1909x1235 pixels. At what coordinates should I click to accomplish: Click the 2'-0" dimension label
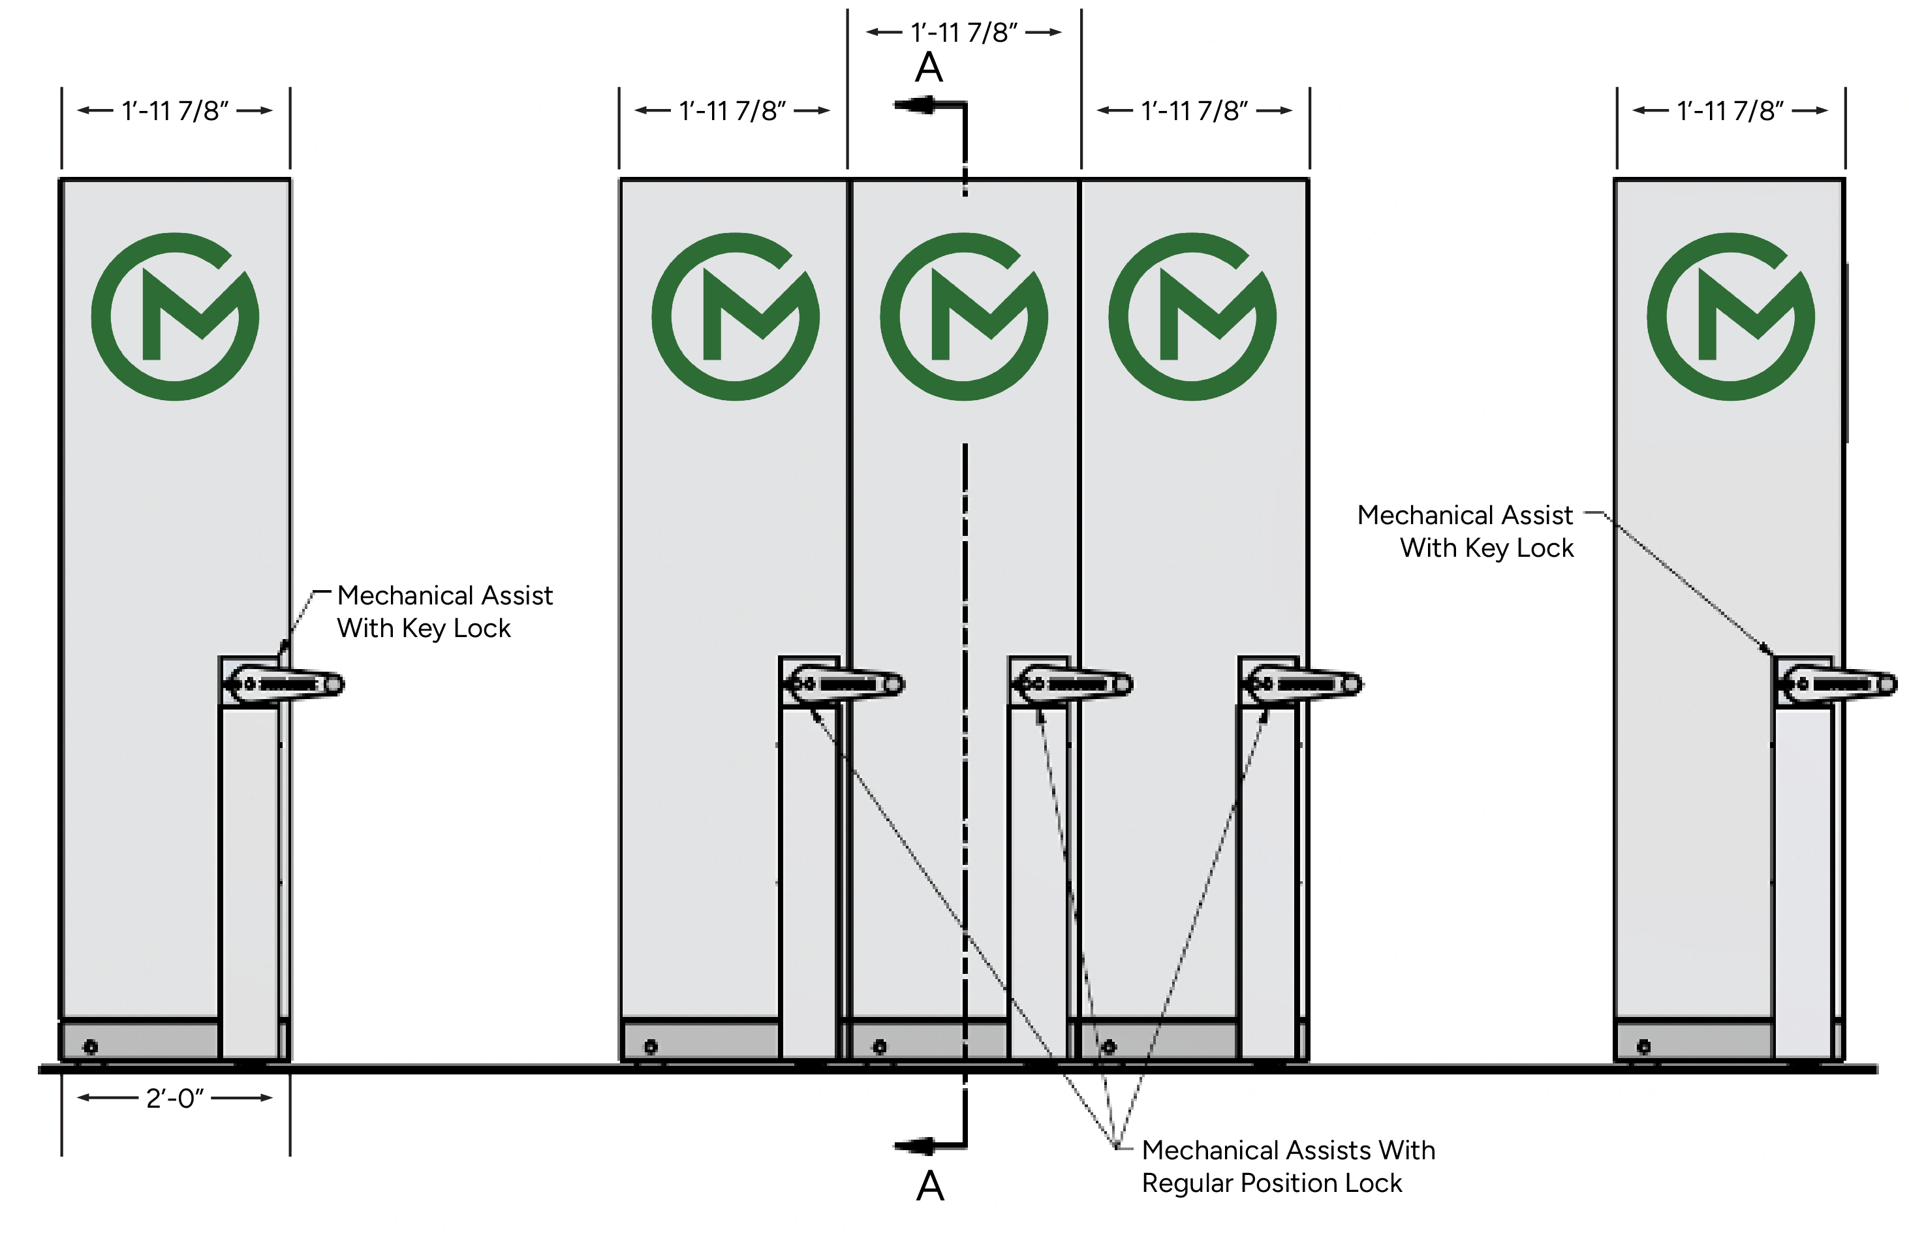coord(175,1098)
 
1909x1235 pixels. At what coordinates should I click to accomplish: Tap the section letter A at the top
coord(929,67)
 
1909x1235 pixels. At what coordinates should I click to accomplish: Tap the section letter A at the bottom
coord(930,1185)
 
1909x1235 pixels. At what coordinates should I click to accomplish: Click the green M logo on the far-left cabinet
coord(175,317)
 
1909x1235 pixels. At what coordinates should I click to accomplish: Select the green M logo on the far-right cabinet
coord(1730,317)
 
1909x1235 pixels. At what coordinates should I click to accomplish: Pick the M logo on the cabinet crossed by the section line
coord(964,317)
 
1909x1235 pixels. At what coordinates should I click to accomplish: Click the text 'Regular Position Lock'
coord(1271,1183)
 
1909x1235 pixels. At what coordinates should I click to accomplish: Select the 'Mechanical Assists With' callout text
coord(1288,1150)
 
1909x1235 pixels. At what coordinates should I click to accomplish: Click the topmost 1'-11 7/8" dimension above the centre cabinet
coord(964,32)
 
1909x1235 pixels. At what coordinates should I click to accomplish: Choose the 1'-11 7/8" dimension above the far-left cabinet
coord(175,111)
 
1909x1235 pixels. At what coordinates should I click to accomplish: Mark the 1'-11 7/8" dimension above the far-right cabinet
coord(1730,111)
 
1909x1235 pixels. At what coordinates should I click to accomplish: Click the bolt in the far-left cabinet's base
coord(91,1046)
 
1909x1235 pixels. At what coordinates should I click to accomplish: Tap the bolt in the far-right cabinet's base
coord(1643,1046)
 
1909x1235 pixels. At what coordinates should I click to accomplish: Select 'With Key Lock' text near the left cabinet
coord(424,628)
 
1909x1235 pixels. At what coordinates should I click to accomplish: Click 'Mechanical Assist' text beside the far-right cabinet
coord(1465,515)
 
